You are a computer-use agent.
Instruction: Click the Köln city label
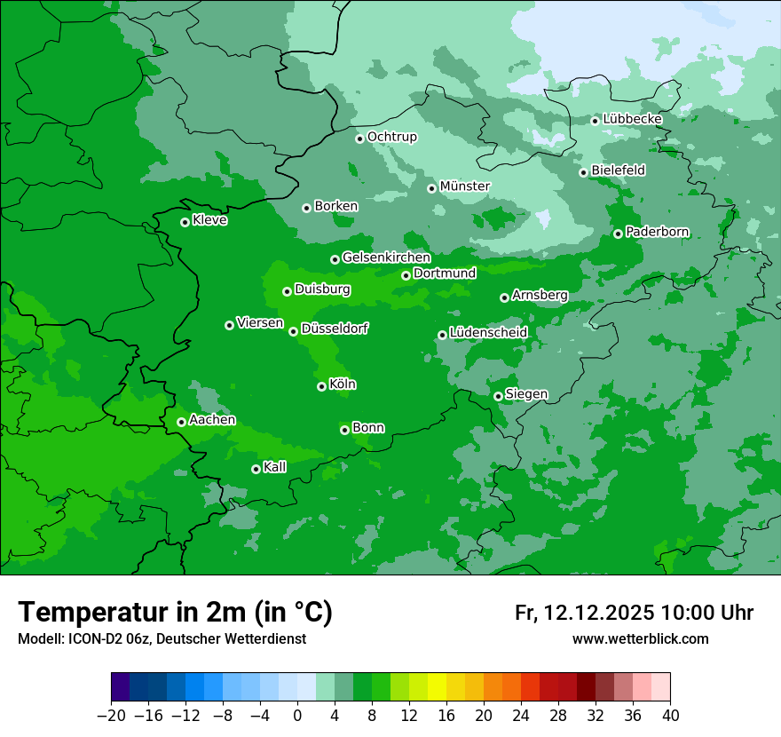click(x=343, y=384)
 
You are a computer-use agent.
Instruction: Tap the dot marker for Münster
click(x=432, y=188)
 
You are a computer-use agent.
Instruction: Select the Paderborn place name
click(x=658, y=232)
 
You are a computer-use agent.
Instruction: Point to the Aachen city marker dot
click(x=182, y=422)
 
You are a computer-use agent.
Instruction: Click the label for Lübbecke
click(x=633, y=119)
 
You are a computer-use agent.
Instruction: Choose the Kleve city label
click(x=209, y=220)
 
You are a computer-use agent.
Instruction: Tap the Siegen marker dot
click(x=499, y=396)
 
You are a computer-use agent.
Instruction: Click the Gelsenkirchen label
click(x=386, y=258)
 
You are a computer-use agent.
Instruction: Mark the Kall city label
click(x=275, y=467)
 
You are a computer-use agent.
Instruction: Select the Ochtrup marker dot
click(x=360, y=139)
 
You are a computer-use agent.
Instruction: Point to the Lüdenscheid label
click(x=489, y=333)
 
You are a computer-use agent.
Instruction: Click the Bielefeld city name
click(x=619, y=170)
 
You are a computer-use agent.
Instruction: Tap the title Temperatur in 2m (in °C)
click(x=175, y=613)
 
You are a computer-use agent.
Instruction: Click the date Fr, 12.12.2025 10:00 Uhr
click(x=634, y=613)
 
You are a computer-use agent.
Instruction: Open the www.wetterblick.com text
click(x=640, y=638)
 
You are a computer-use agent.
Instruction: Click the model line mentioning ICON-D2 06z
click(x=162, y=638)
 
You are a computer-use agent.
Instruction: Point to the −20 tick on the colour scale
click(x=111, y=716)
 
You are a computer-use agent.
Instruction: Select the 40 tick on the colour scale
click(x=670, y=716)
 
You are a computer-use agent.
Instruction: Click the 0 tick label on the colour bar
click(x=297, y=716)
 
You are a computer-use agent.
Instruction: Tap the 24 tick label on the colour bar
click(x=521, y=716)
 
